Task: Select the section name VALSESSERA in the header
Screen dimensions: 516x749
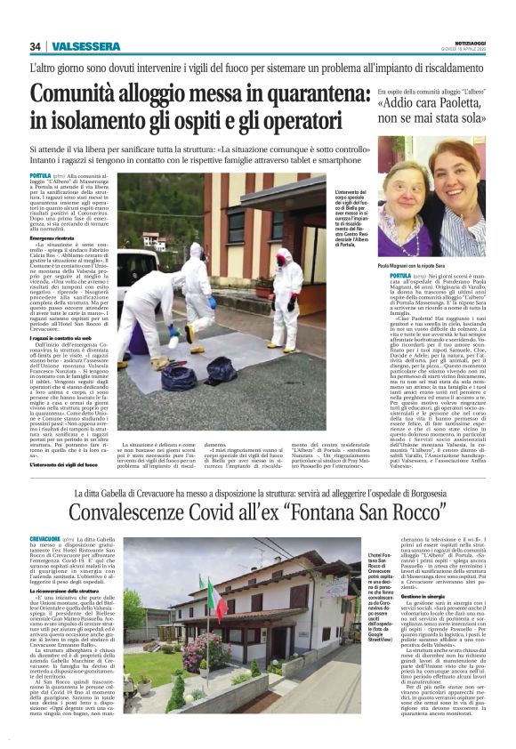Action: [x=85, y=46]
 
